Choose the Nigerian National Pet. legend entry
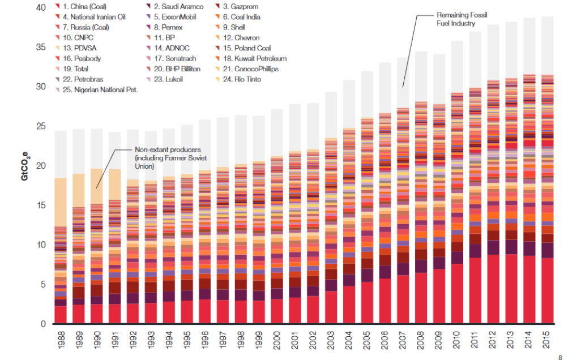(101, 89)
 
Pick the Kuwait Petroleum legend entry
(255, 58)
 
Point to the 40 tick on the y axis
(40, 8)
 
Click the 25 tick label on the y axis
(40, 126)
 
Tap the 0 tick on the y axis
(43, 324)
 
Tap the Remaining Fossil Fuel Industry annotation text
(462, 19)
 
